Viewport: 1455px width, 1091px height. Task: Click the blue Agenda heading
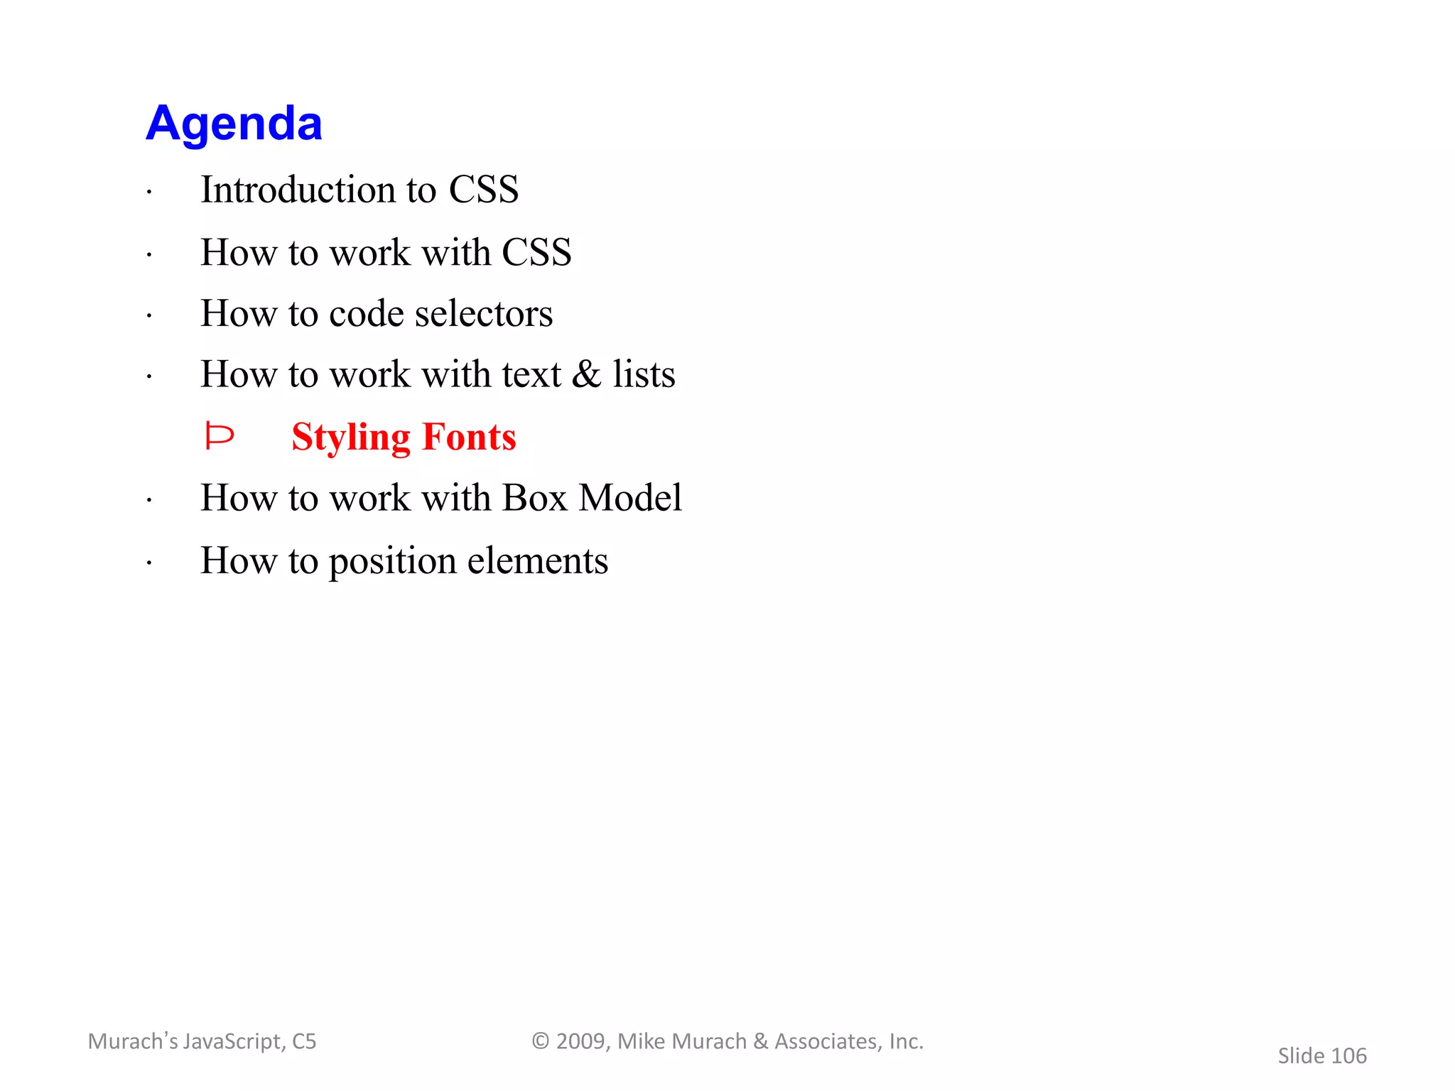[x=234, y=124]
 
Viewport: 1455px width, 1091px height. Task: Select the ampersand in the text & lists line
[x=586, y=374]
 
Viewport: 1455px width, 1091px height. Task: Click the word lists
[x=644, y=374]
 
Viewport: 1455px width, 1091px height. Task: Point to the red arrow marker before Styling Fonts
[x=219, y=436]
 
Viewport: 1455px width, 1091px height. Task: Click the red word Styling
[x=351, y=437]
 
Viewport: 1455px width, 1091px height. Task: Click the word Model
[x=630, y=498]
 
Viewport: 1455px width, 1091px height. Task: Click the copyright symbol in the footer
[x=541, y=1041]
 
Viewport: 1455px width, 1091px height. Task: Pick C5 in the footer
[x=304, y=1041]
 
